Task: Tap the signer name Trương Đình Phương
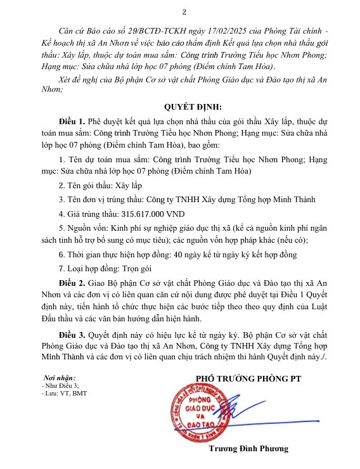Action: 248,448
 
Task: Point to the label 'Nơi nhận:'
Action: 60,378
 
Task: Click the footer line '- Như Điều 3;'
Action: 60,385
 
